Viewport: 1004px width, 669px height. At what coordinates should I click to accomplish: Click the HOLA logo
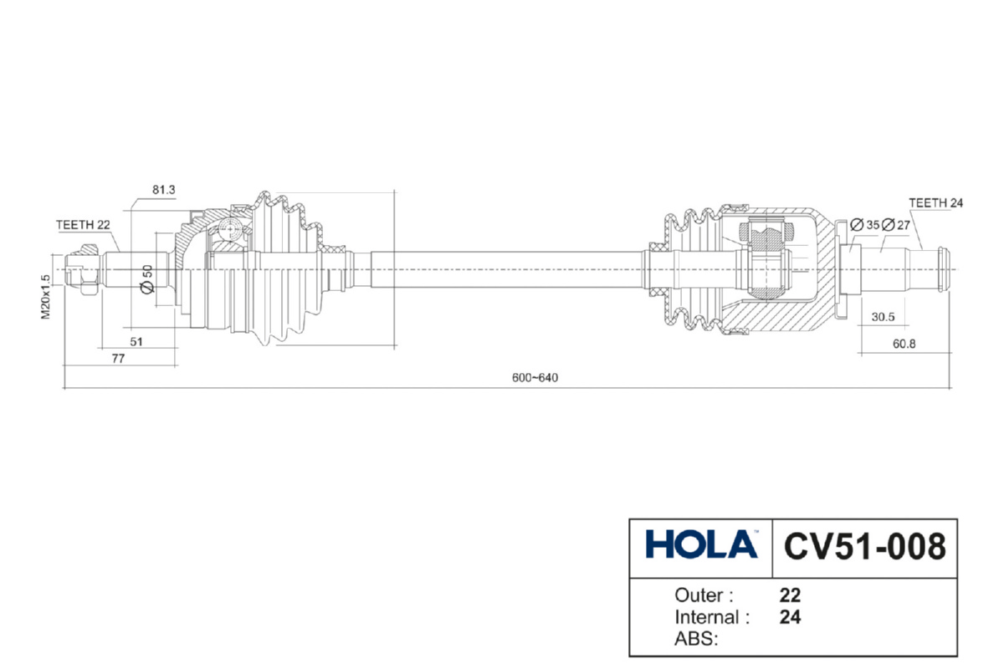[701, 544]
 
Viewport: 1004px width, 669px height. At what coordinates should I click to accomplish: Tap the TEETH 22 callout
[83, 225]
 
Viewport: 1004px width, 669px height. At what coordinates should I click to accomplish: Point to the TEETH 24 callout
[936, 203]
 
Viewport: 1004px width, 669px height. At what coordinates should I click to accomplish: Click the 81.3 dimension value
[164, 190]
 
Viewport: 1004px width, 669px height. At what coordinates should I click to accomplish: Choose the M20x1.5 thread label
[46, 297]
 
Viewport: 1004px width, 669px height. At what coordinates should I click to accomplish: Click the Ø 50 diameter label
[147, 279]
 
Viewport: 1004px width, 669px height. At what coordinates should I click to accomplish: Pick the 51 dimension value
[136, 342]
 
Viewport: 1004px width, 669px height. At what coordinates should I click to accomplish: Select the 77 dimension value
[118, 359]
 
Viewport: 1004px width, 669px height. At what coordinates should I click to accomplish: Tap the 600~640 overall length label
[535, 378]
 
